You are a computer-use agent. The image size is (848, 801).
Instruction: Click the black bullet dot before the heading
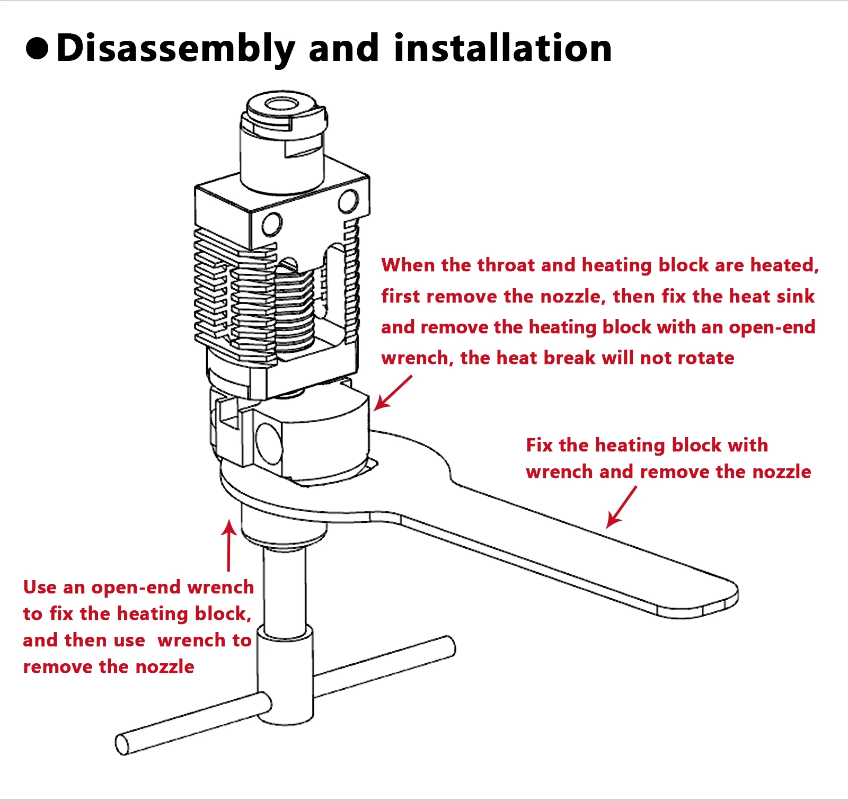tap(37, 48)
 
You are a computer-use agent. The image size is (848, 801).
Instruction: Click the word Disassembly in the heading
tap(175, 48)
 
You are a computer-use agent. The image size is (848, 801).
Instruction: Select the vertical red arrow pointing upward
tap(229, 546)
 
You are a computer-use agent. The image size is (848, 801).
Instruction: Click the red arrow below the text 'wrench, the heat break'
tap(393, 393)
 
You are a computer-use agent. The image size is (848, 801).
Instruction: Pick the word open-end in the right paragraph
tap(772, 327)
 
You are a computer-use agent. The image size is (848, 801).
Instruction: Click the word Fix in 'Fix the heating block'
tap(539, 445)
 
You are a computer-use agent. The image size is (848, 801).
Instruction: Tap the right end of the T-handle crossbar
tap(449, 647)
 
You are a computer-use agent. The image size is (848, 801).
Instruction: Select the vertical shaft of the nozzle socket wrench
tap(285, 588)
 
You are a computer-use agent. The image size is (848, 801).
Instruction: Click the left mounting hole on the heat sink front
tap(272, 224)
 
